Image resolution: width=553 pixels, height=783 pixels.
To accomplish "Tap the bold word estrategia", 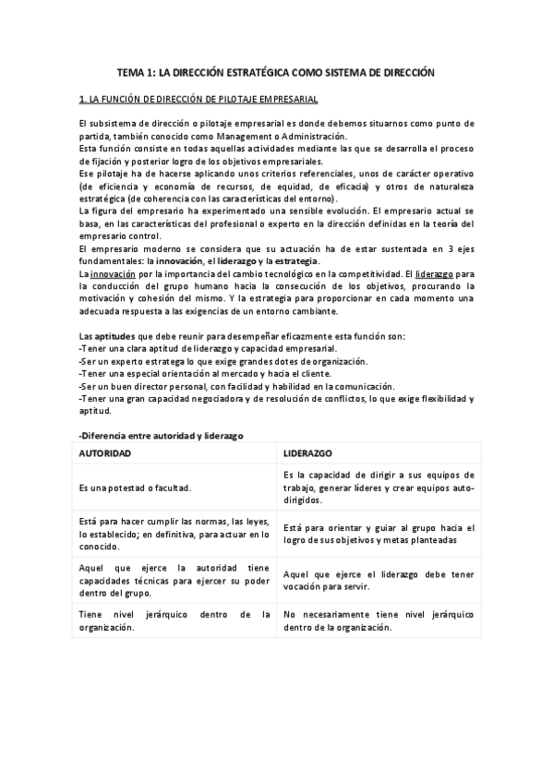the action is [295, 263].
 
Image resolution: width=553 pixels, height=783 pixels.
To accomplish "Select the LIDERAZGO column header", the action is [309, 454].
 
